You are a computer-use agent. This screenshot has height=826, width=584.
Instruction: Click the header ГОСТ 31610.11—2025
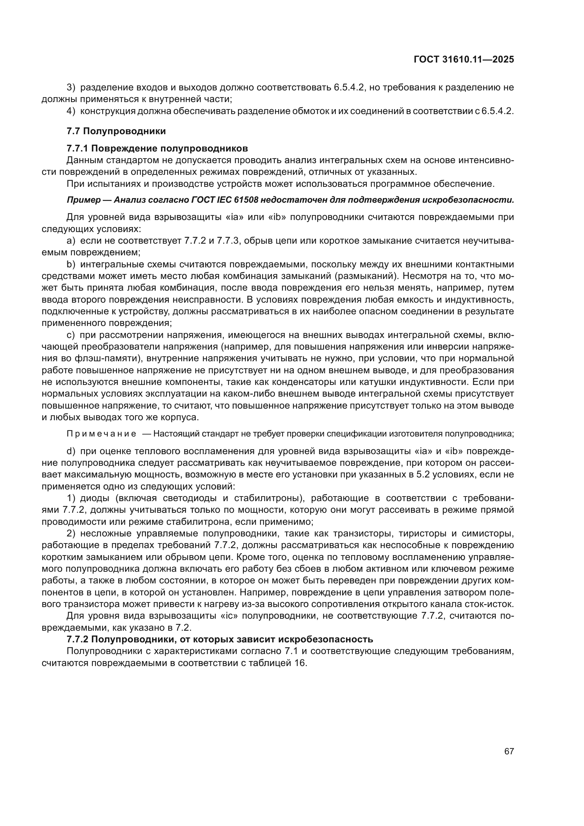pyautogui.click(x=464, y=59)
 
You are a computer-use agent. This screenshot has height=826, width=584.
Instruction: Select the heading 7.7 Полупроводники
pyautogui.click(x=116, y=131)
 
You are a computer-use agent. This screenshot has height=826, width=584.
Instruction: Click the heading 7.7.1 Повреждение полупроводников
pyautogui.click(x=157, y=149)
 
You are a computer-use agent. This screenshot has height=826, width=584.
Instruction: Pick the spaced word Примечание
pyautogui.click(x=101, y=434)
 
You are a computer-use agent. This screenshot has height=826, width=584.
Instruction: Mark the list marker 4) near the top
pyautogui.click(x=71, y=111)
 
